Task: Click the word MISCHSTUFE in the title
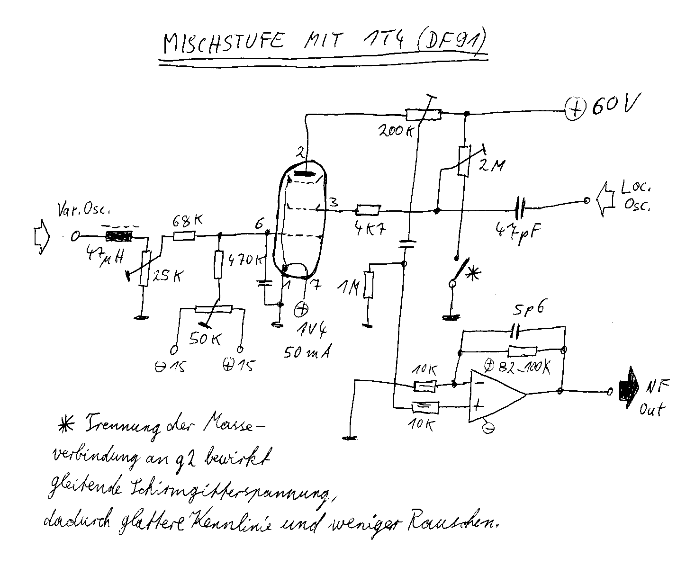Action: click(223, 42)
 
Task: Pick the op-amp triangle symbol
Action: click(495, 393)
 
